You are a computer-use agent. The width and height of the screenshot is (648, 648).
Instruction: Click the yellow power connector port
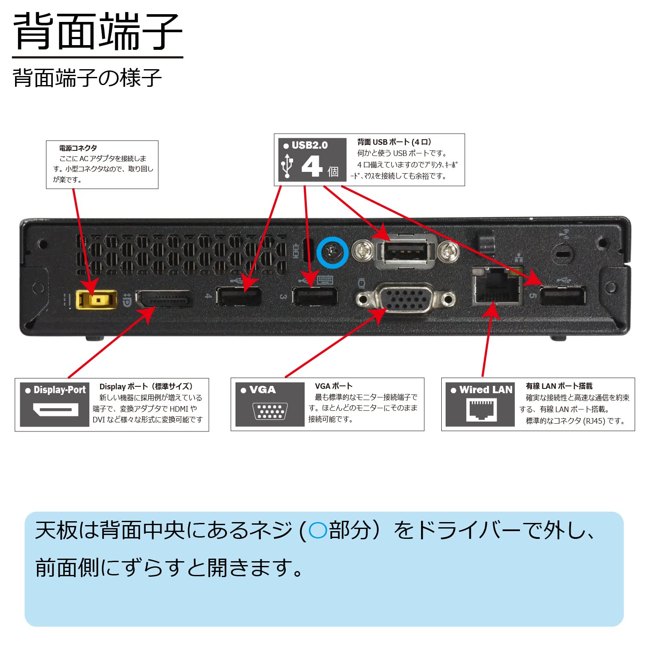tap(96, 300)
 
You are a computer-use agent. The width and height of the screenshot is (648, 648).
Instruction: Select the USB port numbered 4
tap(238, 296)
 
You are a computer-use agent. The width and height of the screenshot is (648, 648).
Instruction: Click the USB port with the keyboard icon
tap(315, 296)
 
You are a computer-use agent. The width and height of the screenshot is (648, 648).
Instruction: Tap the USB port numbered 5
tap(562, 296)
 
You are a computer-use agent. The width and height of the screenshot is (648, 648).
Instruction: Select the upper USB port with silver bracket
tap(405, 251)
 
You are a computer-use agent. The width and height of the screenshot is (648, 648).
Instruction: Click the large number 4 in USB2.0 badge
tap(312, 166)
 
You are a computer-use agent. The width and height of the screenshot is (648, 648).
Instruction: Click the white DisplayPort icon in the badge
tap(55, 410)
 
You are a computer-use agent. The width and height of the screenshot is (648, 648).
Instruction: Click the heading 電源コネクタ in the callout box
tap(78, 148)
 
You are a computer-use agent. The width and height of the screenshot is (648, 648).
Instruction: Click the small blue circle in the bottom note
tap(318, 530)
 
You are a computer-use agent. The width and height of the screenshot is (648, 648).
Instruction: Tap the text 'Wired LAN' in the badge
tap(486, 390)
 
